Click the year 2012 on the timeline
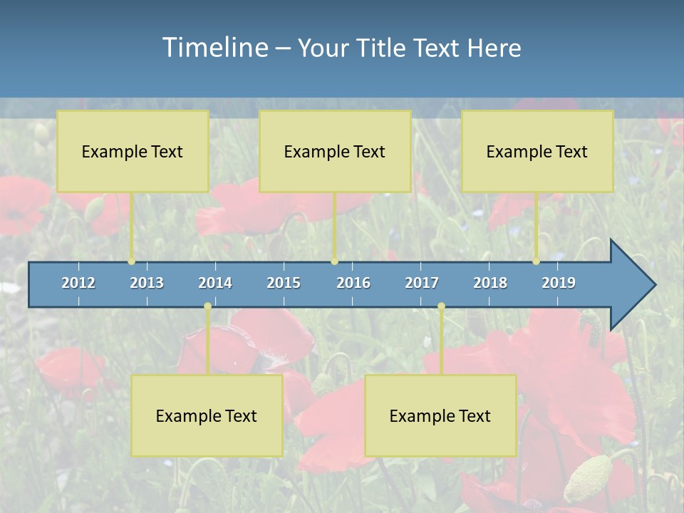click(78, 283)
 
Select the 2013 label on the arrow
click(147, 283)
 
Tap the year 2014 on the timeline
click(215, 283)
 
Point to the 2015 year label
click(284, 283)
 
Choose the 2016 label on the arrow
click(353, 283)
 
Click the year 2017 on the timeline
click(422, 283)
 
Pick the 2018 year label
click(490, 283)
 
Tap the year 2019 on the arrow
click(559, 283)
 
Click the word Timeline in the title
click(214, 48)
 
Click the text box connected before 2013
click(133, 152)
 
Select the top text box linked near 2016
click(335, 152)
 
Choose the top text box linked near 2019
click(537, 152)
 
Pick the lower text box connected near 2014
click(207, 415)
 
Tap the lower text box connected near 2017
click(440, 415)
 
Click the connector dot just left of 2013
click(132, 261)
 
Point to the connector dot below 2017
click(441, 306)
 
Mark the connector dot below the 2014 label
click(207, 306)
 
